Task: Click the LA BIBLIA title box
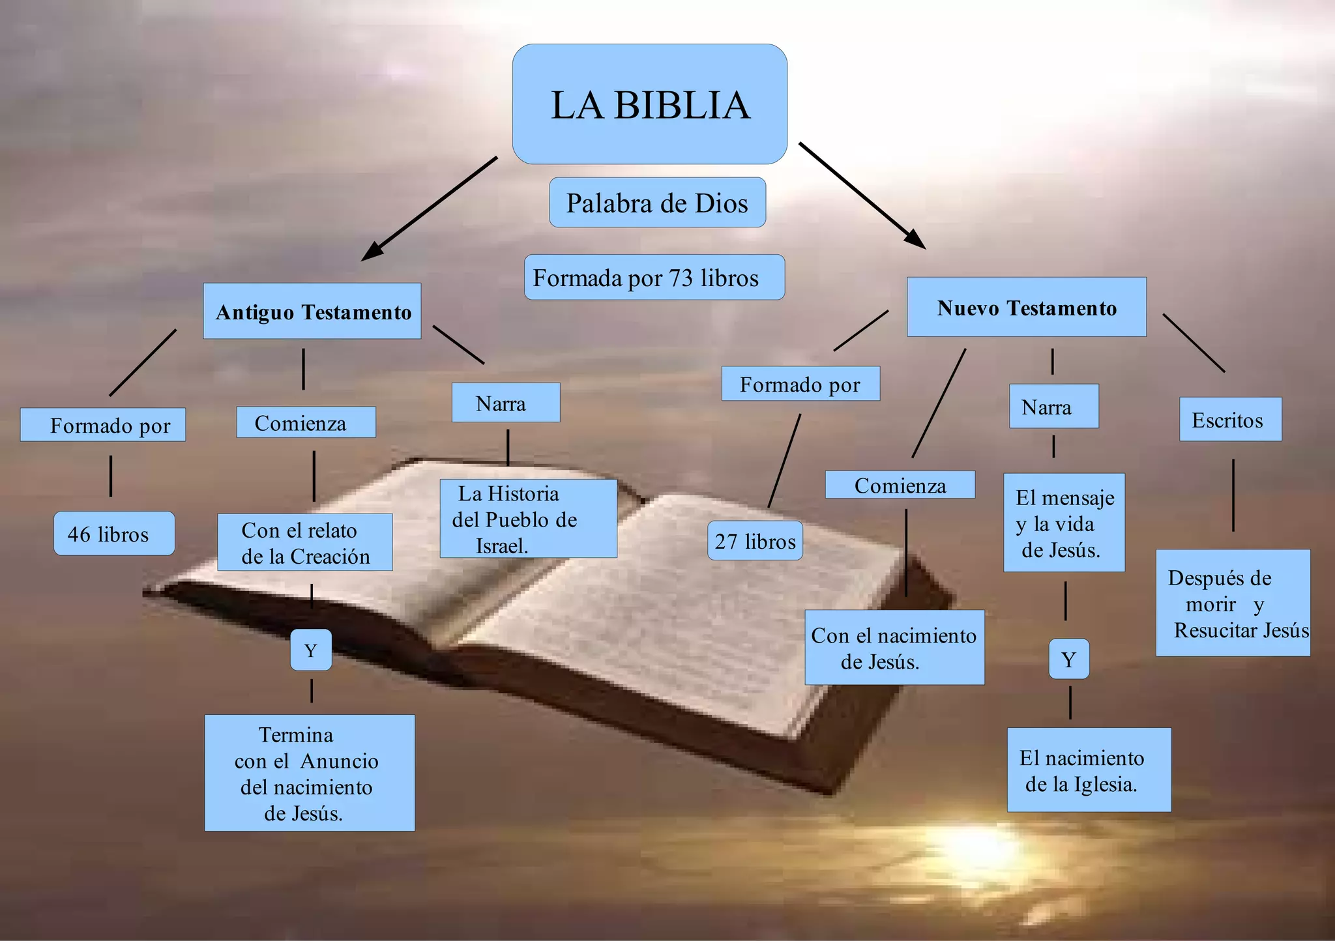click(x=649, y=104)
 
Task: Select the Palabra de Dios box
click(x=657, y=203)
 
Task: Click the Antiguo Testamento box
click(x=312, y=312)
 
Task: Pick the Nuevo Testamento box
click(x=1027, y=308)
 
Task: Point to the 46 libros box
click(x=114, y=534)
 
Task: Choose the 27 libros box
click(x=755, y=541)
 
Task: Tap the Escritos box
click(x=1230, y=420)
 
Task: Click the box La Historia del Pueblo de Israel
click(x=528, y=519)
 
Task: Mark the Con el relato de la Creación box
click(x=305, y=542)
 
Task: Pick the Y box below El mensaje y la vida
click(x=1068, y=660)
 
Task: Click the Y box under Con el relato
click(x=311, y=650)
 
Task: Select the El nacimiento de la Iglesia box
click(x=1089, y=770)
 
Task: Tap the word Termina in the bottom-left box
click(x=296, y=735)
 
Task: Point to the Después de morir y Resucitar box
click(x=1233, y=603)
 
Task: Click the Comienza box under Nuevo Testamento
click(x=900, y=486)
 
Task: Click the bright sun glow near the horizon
click(x=978, y=847)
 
